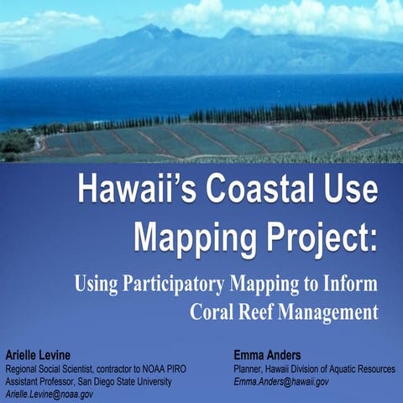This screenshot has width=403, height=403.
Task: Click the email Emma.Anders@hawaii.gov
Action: (x=282, y=381)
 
